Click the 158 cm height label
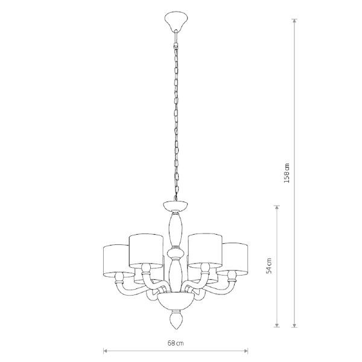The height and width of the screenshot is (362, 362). pyautogui.click(x=287, y=173)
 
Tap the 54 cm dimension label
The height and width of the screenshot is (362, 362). pyautogui.click(x=268, y=265)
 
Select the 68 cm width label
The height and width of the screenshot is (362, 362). pyautogui.click(x=176, y=343)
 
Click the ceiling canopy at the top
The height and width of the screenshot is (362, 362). pyautogui.click(x=176, y=22)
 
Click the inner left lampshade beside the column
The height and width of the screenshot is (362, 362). pyautogui.click(x=146, y=251)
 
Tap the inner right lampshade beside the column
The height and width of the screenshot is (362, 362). pyautogui.click(x=205, y=251)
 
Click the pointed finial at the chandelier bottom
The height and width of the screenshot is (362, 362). pyautogui.click(x=176, y=320)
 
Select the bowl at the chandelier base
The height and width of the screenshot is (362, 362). pyautogui.click(x=176, y=302)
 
